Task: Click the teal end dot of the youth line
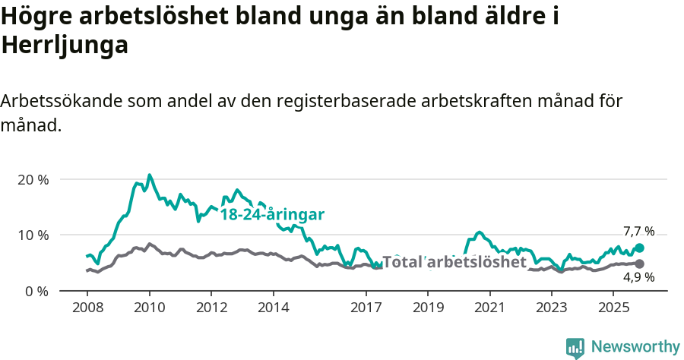tap(639, 248)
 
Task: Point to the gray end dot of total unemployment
tap(639, 264)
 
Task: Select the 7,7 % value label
tap(638, 231)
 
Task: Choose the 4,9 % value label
tap(638, 277)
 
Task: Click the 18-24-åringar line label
tap(272, 214)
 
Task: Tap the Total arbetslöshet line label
tap(454, 262)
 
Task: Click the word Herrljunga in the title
tap(64, 46)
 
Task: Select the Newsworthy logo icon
tap(575, 347)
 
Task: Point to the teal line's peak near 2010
tap(149, 175)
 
